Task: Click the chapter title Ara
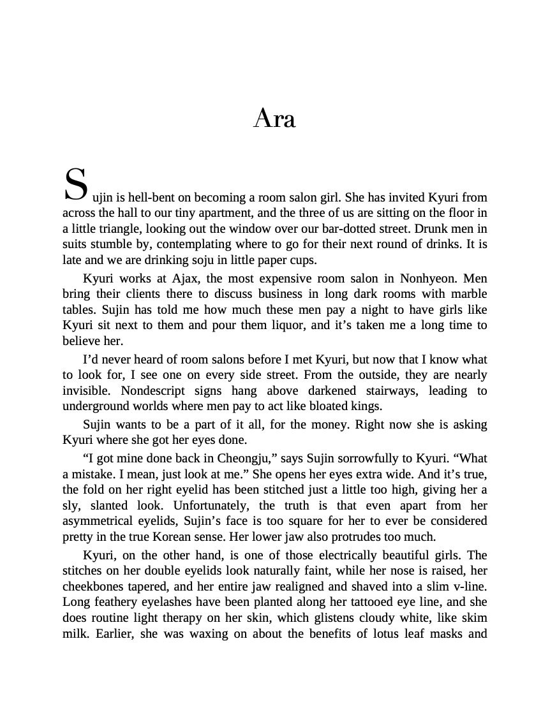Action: click(x=274, y=119)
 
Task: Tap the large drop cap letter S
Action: click(x=75, y=185)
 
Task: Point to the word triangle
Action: click(x=118, y=229)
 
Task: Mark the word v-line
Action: click(x=468, y=586)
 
